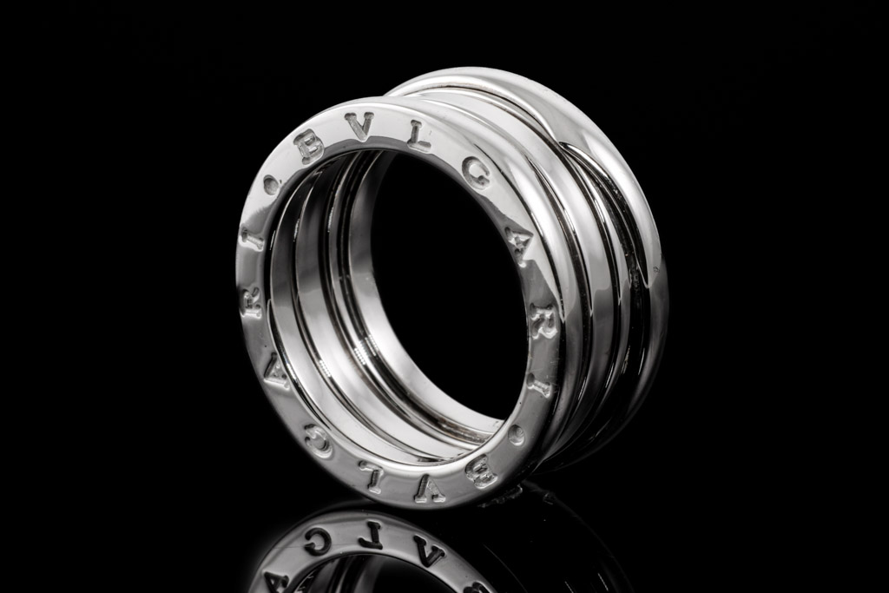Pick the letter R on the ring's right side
541,327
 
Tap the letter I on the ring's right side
542,388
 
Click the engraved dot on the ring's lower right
517,435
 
